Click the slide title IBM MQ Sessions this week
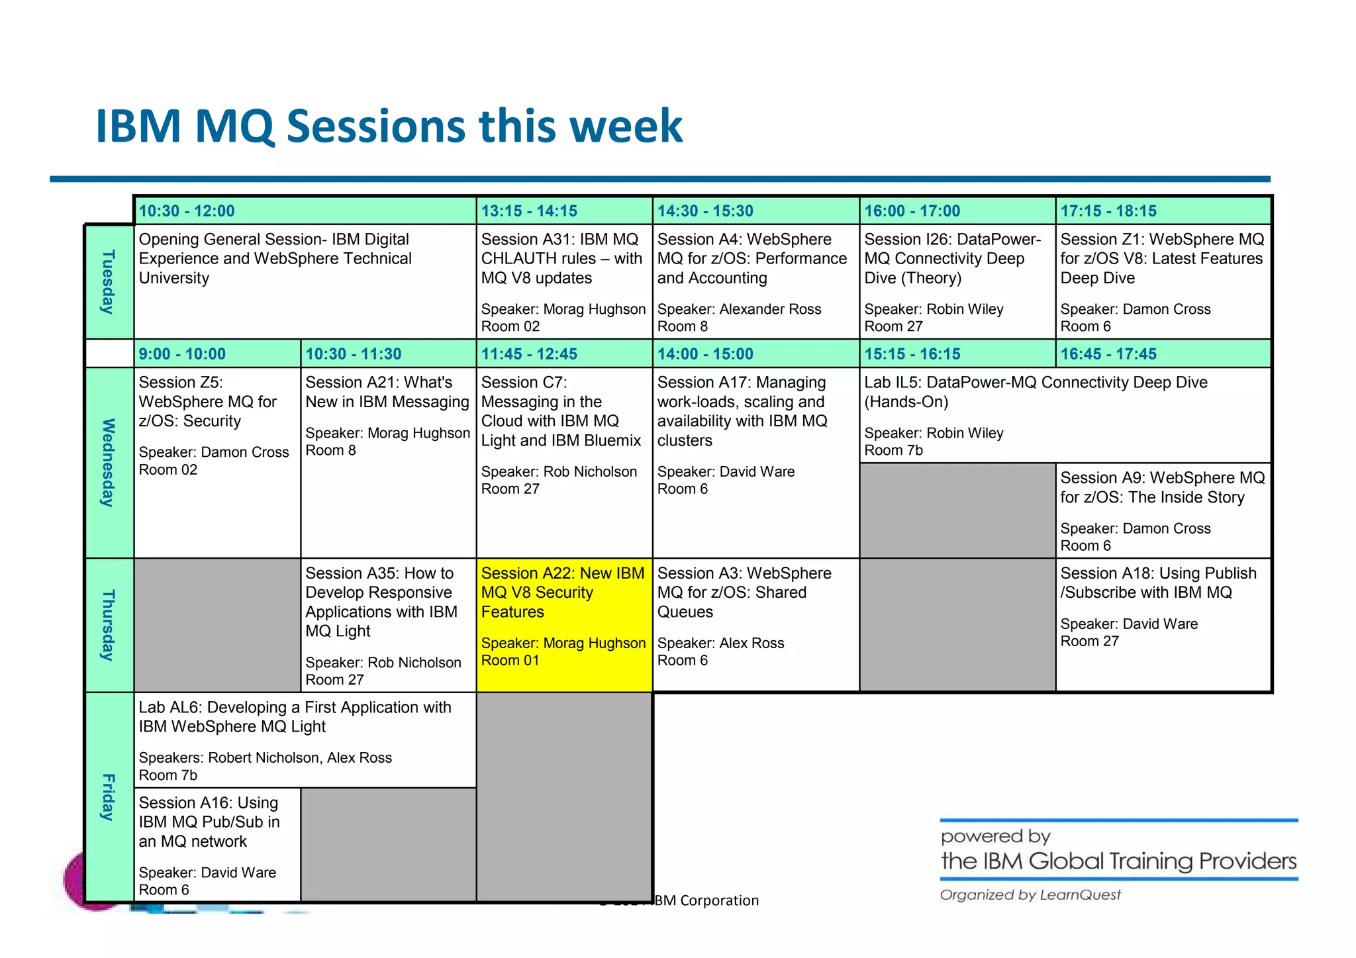pos(389,126)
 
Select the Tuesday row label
pos(109,281)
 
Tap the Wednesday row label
pos(109,462)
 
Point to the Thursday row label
pos(109,625)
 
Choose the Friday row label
pos(109,796)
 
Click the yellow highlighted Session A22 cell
pos(563,624)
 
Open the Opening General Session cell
pos(305,281)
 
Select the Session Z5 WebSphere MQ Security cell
pos(217,461)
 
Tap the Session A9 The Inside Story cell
pos(1162,510)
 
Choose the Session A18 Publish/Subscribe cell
pos(1162,624)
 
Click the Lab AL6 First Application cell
pos(305,740)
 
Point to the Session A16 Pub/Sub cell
pos(217,844)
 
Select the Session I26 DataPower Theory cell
pos(957,281)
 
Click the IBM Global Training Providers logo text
pos(1118,861)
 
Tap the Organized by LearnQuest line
pos(1030,895)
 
